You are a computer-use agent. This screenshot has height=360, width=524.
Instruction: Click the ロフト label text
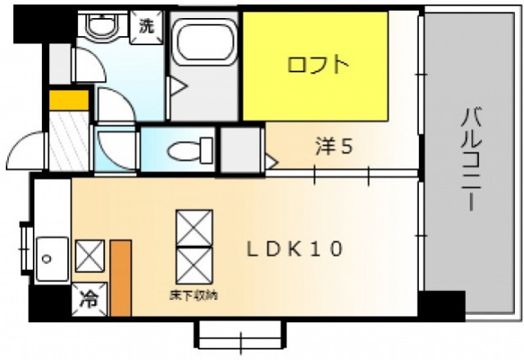(x=318, y=65)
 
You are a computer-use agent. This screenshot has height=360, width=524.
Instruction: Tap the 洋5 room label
(x=335, y=147)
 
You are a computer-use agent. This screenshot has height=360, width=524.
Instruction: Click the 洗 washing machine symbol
(x=146, y=25)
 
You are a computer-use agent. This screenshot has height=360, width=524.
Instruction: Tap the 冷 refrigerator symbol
(x=87, y=299)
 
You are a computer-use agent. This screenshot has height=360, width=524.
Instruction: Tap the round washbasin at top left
(x=102, y=28)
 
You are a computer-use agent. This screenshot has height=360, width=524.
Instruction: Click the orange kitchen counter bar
(x=121, y=278)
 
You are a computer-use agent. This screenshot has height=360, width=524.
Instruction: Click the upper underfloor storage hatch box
(x=194, y=227)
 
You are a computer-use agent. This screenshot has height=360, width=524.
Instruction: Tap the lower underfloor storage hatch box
(x=194, y=265)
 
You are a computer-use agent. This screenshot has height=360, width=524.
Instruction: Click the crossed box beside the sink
(x=88, y=256)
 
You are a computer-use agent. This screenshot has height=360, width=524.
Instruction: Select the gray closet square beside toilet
(x=239, y=150)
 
